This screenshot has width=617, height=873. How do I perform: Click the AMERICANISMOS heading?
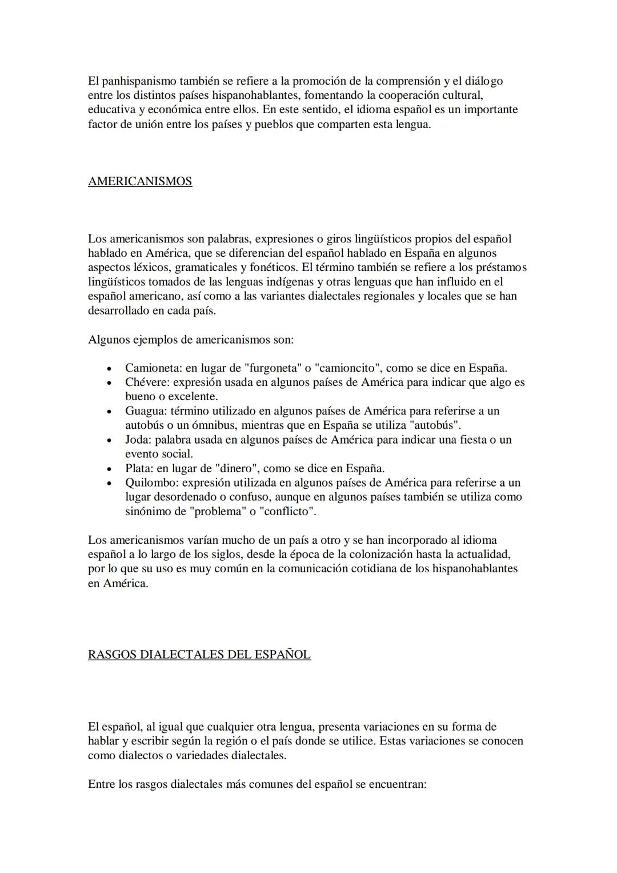point(140,181)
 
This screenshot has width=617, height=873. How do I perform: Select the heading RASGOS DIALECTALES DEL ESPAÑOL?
point(199,655)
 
